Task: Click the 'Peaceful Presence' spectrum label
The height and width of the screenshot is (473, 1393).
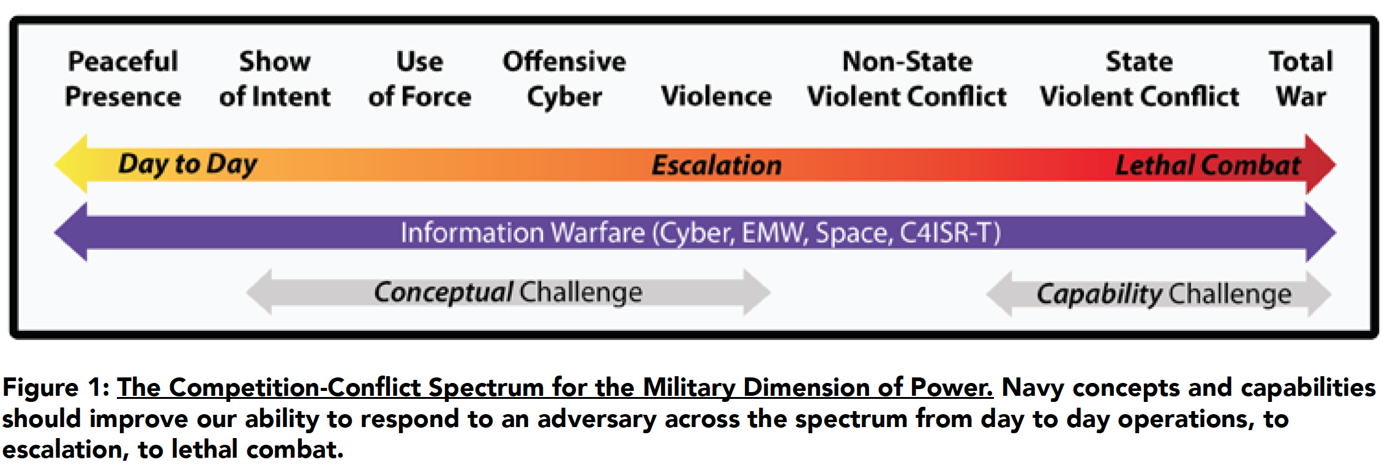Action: (123, 79)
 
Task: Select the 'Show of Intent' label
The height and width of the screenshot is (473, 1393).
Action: (275, 79)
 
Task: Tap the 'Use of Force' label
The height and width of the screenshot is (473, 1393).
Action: (420, 79)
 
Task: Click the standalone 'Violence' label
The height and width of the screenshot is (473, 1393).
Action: (716, 96)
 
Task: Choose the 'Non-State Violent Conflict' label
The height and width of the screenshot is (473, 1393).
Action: (907, 79)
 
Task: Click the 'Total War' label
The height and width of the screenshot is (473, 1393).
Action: (1301, 79)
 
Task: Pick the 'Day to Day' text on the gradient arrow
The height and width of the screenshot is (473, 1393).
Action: (188, 165)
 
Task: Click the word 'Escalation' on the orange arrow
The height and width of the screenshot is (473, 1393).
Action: (717, 165)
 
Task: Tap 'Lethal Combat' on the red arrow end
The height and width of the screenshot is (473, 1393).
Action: (1208, 165)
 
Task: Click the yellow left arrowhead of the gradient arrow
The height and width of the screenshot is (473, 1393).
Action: (72, 164)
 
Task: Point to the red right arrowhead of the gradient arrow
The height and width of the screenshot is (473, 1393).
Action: (1320, 164)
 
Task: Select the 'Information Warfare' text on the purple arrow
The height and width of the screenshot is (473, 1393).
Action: (523, 233)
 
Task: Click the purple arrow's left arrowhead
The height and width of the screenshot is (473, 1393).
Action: (71, 232)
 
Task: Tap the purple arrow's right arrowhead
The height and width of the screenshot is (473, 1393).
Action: (1320, 232)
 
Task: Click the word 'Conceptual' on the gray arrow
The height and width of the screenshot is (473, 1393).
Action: (443, 293)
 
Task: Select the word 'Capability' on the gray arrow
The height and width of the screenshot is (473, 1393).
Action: (1099, 295)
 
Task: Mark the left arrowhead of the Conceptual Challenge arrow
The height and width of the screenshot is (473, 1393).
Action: (260, 292)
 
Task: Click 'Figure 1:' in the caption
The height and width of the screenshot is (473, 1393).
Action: (56, 388)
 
